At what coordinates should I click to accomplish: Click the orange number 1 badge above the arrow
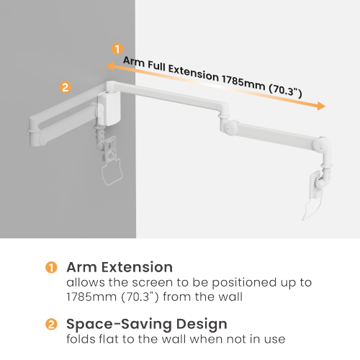tap(117, 49)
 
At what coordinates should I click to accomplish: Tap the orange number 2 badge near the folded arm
tap(65, 88)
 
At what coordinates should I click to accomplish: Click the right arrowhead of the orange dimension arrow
tap(321, 107)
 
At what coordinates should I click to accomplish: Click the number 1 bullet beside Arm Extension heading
tap(51, 267)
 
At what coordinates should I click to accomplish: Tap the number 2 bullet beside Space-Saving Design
tap(51, 324)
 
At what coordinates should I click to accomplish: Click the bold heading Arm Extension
tap(120, 267)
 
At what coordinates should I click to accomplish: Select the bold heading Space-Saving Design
tap(147, 324)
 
